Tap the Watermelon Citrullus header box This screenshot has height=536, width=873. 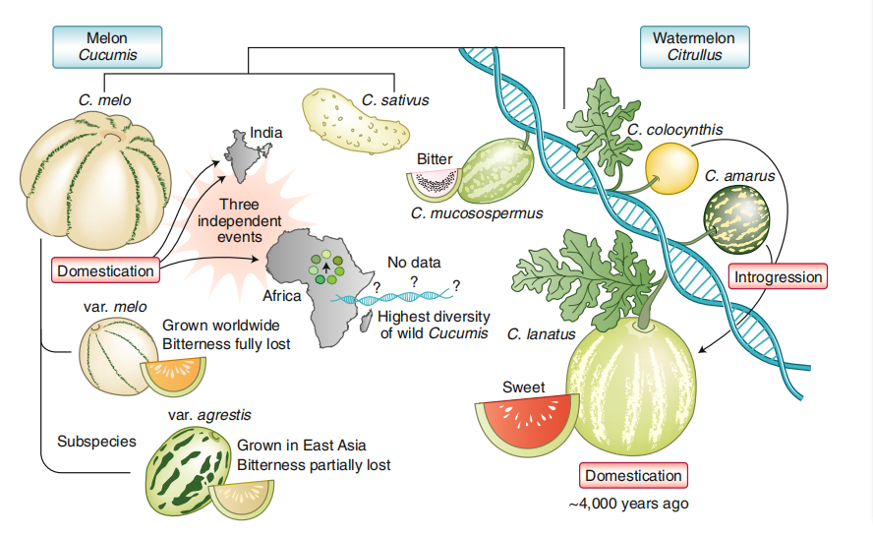click(700, 46)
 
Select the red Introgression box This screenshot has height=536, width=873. click(778, 276)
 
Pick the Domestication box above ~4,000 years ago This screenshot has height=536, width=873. click(632, 476)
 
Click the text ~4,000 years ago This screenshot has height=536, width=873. click(628, 503)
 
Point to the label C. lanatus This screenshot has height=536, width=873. click(540, 333)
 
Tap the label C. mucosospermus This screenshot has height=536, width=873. click(477, 212)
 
